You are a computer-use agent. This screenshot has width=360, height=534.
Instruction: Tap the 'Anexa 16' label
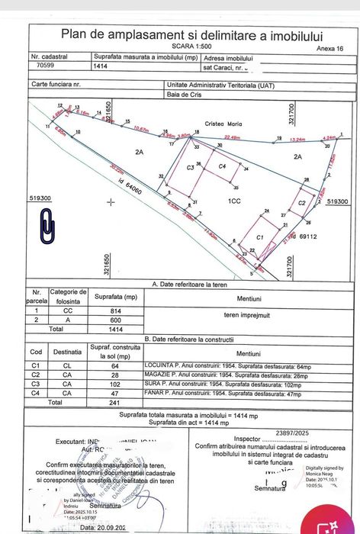(x=329, y=48)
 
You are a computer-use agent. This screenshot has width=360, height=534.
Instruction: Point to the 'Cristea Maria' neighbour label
(x=223, y=123)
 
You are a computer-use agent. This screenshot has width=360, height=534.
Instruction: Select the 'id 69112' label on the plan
(x=307, y=237)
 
